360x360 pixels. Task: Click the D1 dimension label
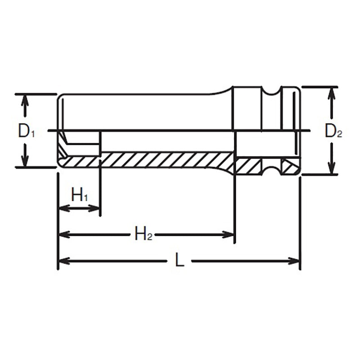(x=26, y=131)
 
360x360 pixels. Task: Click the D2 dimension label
(x=333, y=131)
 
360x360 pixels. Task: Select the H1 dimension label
(x=80, y=195)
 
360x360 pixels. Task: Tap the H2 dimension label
(x=144, y=234)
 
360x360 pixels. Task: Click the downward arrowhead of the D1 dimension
(x=26, y=162)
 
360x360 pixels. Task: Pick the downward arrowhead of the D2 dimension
(x=332, y=169)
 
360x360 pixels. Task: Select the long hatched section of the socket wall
(x=166, y=159)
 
